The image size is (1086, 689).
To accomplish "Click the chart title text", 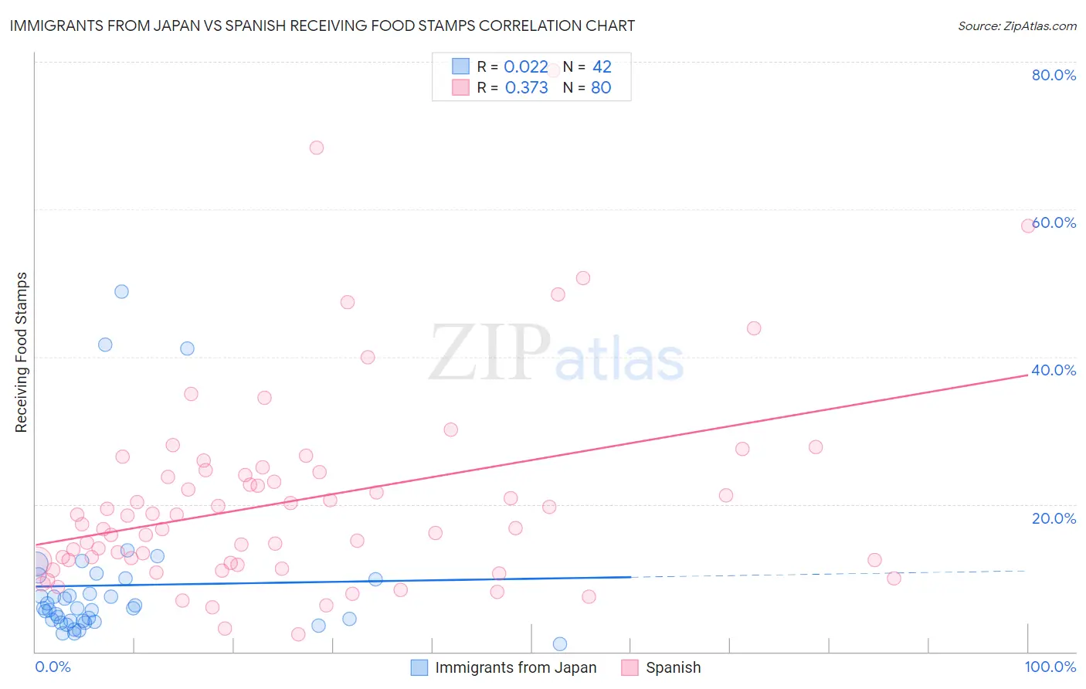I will click(322, 25).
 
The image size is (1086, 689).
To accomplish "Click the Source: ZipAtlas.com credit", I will click(1016, 26).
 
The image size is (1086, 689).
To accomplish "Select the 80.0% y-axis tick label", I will click(1054, 75).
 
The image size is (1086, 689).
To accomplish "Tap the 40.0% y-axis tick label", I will click(1054, 370).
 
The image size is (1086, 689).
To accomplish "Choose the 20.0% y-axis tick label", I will click(1054, 518).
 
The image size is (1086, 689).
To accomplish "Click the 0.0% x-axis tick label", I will click(53, 667).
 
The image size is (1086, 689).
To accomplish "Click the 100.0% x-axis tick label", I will click(1050, 667).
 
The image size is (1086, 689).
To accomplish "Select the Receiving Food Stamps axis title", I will click(22, 352).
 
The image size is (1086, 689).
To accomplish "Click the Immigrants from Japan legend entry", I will click(515, 667).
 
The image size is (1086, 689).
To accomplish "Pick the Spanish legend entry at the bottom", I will click(673, 667).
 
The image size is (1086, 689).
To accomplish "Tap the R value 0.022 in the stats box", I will click(525, 67).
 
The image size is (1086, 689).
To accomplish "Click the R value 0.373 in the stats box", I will click(526, 88).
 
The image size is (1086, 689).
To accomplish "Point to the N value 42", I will click(602, 67).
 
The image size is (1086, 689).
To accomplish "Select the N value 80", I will click(601, 88).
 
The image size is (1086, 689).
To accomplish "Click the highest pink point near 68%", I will click(317, 148).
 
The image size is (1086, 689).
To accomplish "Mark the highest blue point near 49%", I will click(121, 291).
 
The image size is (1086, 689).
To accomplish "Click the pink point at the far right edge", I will click(1028, 226).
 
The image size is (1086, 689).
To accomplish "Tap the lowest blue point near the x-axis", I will click(560, 644).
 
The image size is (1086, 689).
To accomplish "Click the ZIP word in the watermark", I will click(490, 354).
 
